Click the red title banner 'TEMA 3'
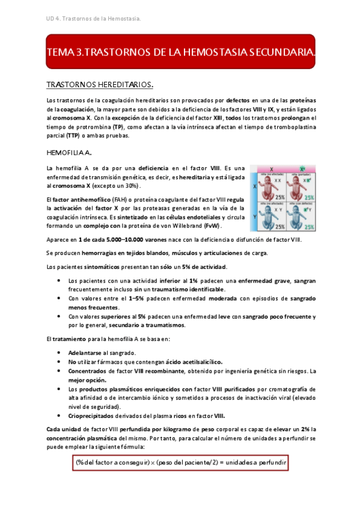180,54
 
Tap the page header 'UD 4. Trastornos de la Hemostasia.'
94,20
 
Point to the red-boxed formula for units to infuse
180,462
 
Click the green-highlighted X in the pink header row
302,169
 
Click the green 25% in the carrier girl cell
308,197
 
